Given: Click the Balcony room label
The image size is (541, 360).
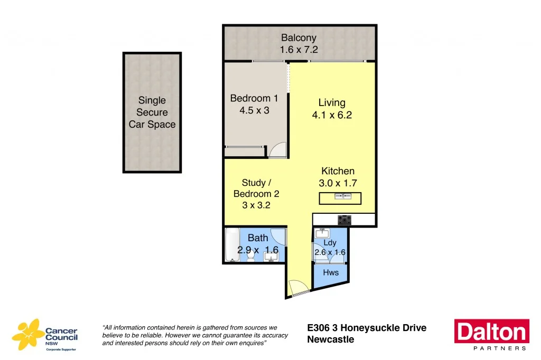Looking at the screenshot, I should coord(299,38).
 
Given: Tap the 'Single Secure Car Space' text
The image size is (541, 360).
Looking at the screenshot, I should coord(152,112).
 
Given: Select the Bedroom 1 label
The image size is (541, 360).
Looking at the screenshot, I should coord(254,98).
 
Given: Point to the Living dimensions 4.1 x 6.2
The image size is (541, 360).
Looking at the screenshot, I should coord(332,115).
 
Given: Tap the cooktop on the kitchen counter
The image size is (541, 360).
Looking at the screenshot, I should coord(345,220).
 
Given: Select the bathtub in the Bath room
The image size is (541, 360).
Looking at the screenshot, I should coord(232,244).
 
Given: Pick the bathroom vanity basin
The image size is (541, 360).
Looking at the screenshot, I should coord(271,257).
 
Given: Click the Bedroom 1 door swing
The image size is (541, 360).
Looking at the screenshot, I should coord(277,150).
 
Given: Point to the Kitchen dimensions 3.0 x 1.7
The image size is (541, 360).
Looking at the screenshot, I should coord(338,184).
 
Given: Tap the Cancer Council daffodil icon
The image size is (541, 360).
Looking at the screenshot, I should coord(27,334).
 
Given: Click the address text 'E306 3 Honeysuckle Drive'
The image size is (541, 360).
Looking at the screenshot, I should coord(367,328).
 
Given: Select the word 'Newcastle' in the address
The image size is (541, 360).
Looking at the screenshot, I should coord(330,340).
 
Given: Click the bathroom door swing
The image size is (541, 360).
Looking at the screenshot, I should coord(278,236).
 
